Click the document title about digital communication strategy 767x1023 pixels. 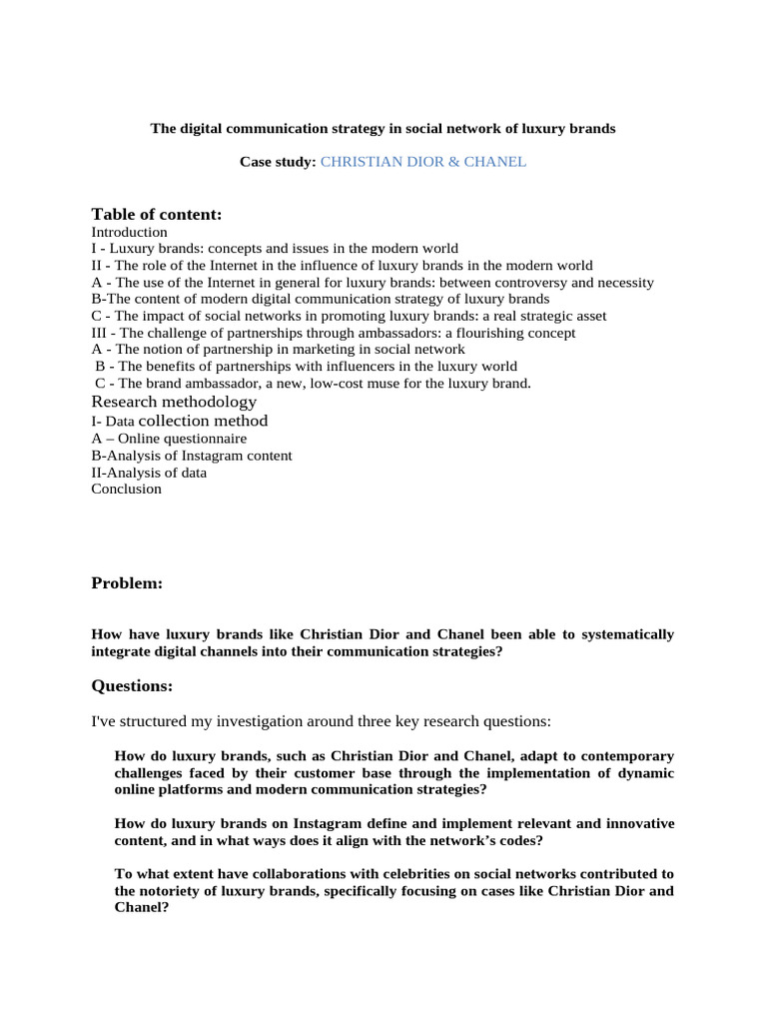pos(383,129)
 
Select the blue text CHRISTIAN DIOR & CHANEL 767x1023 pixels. pos(422,161)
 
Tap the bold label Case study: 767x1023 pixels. pos(278,161)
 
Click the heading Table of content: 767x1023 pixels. pos(156,214)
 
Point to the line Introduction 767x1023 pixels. pos(129,232)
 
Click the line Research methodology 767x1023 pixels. pos(174,402)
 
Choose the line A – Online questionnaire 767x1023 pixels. pos(169,438)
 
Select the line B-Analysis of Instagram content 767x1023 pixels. pos(192,456)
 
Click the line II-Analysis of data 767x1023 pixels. pos(149,473)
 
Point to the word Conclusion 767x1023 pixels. pos(126,490)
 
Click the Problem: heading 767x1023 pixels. pos(127,583)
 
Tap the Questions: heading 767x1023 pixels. pos(132,685)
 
